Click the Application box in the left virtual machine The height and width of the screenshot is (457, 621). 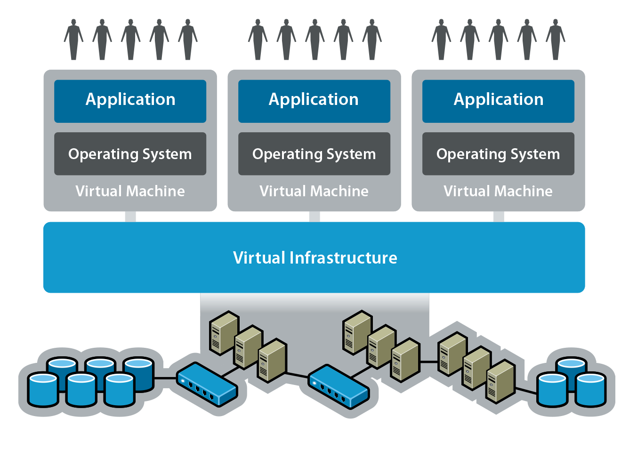(x=130, y=101)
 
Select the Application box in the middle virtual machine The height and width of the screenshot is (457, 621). (x=314, y=101)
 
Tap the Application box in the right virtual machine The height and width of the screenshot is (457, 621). (x=498, y=101)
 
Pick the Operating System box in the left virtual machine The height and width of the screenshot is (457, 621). (x=130, y=154)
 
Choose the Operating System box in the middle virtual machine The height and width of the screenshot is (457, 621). (x=314, y=154)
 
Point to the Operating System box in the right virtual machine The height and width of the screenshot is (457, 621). (x=498, y=154)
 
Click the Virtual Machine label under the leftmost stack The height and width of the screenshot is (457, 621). (x=130, y=191)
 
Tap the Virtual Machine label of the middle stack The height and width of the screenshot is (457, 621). (x=314, y=191)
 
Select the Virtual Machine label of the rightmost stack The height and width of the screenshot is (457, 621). (x=498, y=191)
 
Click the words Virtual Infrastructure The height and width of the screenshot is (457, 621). (x=315, y=258)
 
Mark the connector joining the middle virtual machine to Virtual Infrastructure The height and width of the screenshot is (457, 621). (x=314, y=216)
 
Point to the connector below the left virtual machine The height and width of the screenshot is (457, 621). (x=130, y=216)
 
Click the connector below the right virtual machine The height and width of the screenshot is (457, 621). (x=499, y=216)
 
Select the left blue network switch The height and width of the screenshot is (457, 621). (x=206, y=384)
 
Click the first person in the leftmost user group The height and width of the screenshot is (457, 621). (x=73, y=40)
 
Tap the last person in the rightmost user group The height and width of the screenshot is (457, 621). (x=556, y=40)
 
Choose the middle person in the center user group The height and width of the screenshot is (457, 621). (x=315, y=40)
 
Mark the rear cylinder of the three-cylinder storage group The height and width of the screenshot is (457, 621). (x=571, y=369)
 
